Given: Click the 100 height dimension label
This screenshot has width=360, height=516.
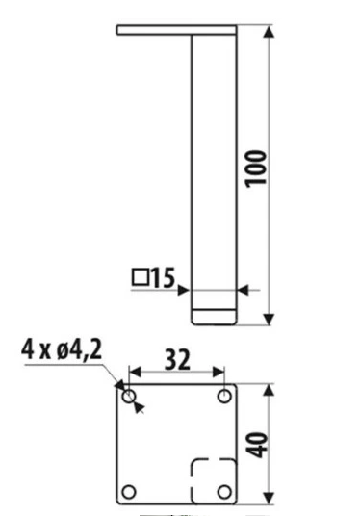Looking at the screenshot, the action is [x=256, y=168].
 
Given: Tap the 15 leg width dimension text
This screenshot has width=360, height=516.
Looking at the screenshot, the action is [x=163, y=278].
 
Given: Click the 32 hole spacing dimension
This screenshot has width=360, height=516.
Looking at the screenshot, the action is [x=177, y=360].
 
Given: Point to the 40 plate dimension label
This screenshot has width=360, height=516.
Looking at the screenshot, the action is [x=257, y=446].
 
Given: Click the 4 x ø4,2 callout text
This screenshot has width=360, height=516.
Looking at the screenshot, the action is [x=62, y=349].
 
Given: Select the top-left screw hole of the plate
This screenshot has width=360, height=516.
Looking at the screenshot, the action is [x=129, y=397].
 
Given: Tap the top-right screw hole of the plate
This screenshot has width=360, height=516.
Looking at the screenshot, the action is [x=224, y=396].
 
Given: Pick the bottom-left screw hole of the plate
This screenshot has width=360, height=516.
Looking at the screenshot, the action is [x=129, y=492].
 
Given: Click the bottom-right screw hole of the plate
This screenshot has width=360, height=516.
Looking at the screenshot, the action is [x=224, y=492].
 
